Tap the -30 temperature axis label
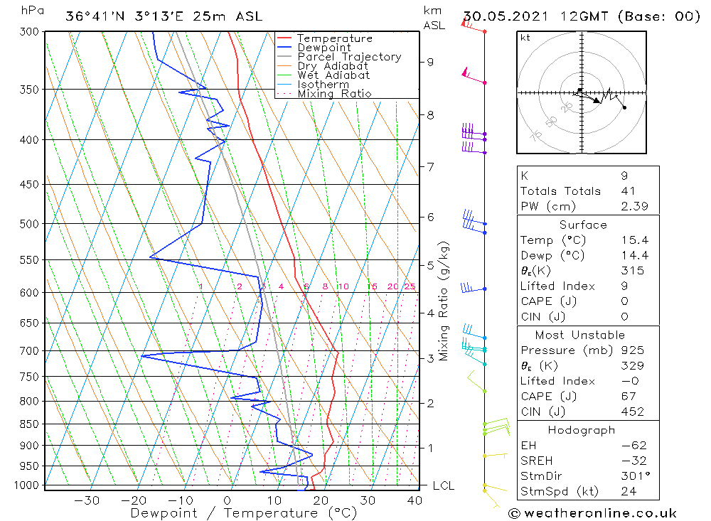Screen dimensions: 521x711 pos(87,500)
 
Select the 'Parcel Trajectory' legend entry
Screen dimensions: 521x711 pos(349,57)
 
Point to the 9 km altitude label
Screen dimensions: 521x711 pos(430,62)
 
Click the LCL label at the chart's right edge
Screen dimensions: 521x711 pos(443,485)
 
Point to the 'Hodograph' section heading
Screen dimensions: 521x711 pos(582,430)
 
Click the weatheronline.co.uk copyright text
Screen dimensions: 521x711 pos(592,513)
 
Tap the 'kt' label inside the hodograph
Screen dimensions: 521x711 pos(525,38)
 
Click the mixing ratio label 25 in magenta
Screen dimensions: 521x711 pos(410,286)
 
